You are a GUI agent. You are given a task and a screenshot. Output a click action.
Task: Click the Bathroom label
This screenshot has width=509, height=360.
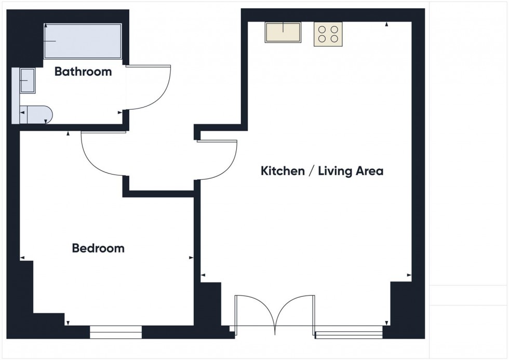coord(83,72)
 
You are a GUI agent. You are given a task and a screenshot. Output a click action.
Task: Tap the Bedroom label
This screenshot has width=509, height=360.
coord(98,248)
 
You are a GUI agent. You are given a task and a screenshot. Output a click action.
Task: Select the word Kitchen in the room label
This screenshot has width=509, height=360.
coord(283,171)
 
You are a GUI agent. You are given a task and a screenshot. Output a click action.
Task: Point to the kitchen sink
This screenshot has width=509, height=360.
coord(283,33)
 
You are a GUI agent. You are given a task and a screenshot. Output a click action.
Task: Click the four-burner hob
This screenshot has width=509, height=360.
coord(328,34)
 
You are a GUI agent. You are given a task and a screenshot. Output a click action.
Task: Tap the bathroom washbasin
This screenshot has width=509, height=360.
coord(27,81)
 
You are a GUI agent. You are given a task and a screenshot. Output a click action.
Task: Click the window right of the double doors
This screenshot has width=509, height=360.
coord(349,331)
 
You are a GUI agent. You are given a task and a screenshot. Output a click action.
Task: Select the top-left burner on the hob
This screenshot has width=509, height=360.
coord(322,29)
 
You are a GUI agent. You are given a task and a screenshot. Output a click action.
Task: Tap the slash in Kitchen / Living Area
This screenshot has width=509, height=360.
coord(311,171)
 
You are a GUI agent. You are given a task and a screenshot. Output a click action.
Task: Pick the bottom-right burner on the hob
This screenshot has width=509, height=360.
coord(334,39)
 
